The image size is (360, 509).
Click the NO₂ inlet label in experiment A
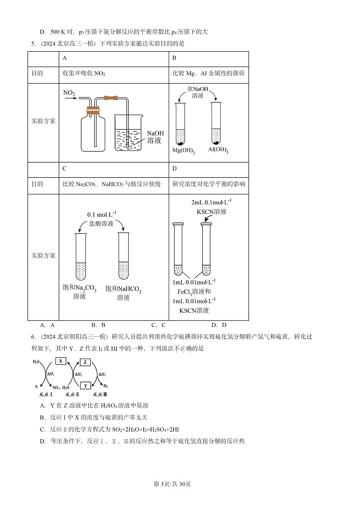click(69, 93)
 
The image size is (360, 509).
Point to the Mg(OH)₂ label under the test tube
click(183, 150)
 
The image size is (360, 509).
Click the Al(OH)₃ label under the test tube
click(218, 150)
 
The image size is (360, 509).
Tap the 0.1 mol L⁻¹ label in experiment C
click(102, 214)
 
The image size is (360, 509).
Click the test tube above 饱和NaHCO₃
click(123, 256)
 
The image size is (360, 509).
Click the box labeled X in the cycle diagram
click(61, 361)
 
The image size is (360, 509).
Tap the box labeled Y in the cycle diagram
click(86, 386)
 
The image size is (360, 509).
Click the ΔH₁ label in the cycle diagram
click(51, 374)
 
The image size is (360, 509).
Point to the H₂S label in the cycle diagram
click(36, 362)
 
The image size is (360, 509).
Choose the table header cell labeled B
click(175, 58)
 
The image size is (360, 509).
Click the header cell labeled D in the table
click(175, 169)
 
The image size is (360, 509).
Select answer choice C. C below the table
click(158, 325)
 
